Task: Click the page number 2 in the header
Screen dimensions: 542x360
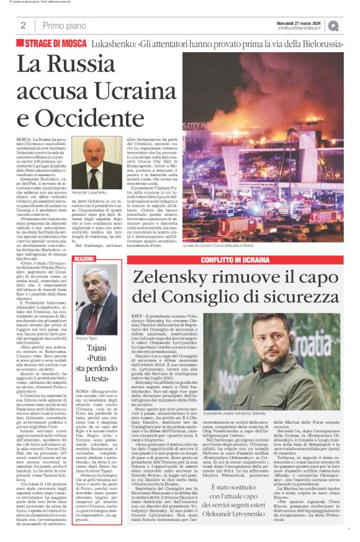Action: coord(22,25)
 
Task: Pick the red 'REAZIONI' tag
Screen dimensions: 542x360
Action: coord(84,257)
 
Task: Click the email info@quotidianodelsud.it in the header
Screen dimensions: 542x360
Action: coord(303,28)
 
